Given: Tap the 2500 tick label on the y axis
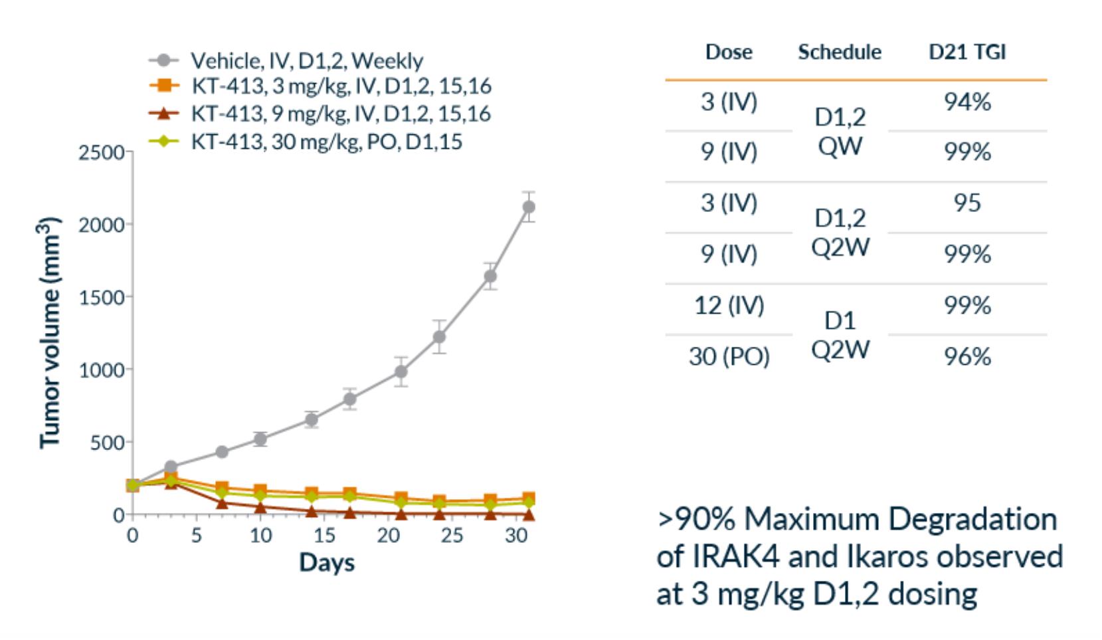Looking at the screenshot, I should [101, 152].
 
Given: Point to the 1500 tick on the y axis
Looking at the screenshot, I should [101, 297].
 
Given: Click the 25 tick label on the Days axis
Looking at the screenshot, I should [452, 535].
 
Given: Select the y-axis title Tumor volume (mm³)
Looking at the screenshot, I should [50, 332].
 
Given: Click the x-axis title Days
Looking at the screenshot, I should [327, 562].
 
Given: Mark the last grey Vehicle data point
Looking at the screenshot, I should [529, 207].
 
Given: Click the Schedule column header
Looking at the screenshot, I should [840, 52].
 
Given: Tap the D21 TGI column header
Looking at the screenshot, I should [967, 52].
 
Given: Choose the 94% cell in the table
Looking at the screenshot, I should [967, 102].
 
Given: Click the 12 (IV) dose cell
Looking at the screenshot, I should [729, 305].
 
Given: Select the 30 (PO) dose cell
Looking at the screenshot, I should [729, 357].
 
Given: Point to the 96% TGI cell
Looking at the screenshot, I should [967, 357].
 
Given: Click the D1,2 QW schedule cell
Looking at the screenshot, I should [840, 131].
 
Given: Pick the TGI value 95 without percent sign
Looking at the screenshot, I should [967, 203].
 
